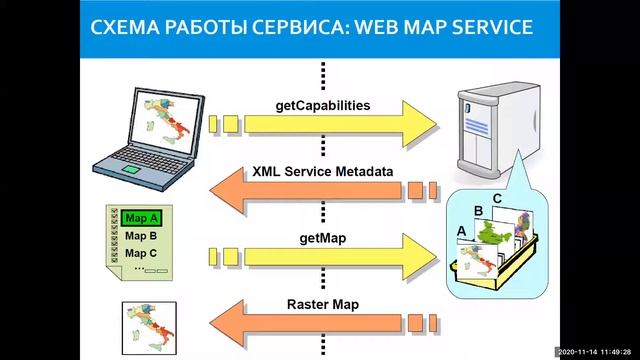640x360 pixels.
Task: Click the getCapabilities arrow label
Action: pyautogui.click(x=322, y=104)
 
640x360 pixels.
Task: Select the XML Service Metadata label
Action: pyautogui.click(x=322, y=171)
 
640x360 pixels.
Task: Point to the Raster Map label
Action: pyautogui.click(x=322, y=304)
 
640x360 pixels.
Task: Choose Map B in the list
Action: pyautogui.click(x=141, y=236)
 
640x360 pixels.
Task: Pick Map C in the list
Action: pyautogui.click(x=141, y=253)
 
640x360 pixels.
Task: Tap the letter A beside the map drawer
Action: pyautogui.click(x=461, y=230)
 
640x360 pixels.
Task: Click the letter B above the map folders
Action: pyautogui.click(x=478, y=211)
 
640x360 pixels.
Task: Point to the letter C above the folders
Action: pyautogui.click(x=497, y=199)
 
